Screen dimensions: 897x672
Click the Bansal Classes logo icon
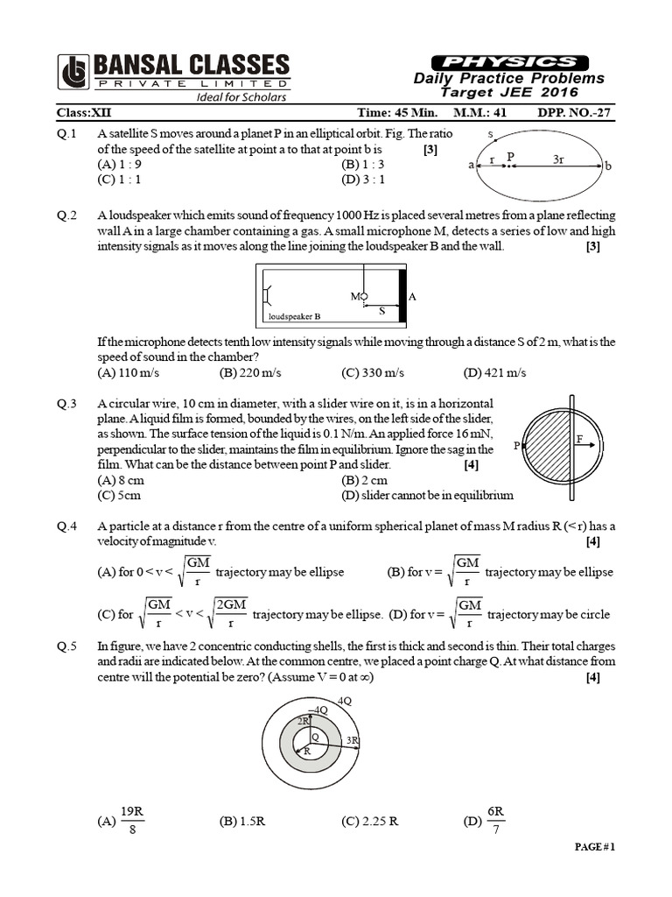[x=73, y=72]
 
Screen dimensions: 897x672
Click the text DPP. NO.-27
[x=576, y=113]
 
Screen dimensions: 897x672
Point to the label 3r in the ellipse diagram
[x=559, y=160]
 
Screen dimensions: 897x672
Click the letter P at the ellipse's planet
[x=512, y=156]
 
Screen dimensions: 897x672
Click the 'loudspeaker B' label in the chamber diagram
[x=292, y=315]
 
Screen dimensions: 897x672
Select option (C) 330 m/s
[x=374, y=372]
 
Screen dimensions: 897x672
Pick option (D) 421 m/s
[x=495, y=372]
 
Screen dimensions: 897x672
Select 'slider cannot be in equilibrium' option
[x=427, y=495]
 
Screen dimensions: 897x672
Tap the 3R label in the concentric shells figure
[x=352, y=740]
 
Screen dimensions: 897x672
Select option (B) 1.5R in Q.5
[x=242, y=821]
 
